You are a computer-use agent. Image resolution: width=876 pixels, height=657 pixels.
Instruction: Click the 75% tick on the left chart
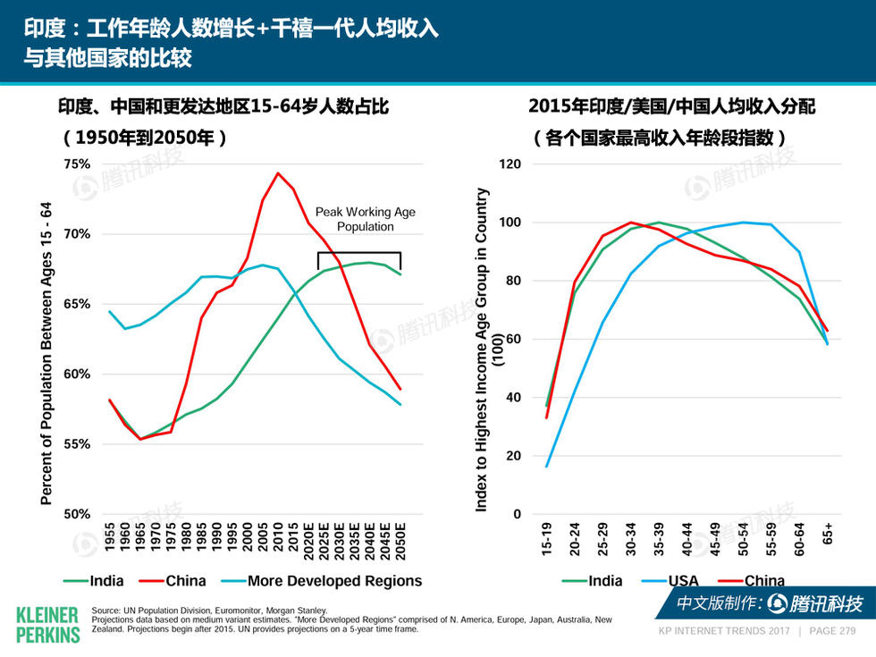[x=78, y=164]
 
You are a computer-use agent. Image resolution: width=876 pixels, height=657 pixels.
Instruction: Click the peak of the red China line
[x=278, y=173]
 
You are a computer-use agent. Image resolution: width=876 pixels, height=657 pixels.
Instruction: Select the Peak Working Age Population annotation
[x=365, y=219]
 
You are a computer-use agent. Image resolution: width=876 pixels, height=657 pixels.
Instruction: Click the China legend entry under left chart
[x=185, y=581]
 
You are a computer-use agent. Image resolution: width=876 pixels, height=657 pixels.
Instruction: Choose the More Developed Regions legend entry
[x=333, y=581]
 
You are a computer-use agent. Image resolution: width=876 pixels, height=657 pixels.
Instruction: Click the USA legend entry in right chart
[x=683, y=581]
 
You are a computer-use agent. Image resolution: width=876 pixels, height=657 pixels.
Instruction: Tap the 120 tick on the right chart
[x=510, y=164]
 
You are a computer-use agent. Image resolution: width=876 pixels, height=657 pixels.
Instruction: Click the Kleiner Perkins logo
[x=48, y=623]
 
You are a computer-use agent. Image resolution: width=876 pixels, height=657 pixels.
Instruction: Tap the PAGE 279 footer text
[x=832, y=631]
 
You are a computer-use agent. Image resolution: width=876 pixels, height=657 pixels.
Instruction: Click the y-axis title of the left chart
[x=47, y=353]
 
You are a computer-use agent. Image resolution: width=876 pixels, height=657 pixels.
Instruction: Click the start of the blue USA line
[x=546, y=466]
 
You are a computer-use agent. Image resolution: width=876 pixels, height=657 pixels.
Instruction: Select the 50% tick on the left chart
[x=78, y=514]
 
